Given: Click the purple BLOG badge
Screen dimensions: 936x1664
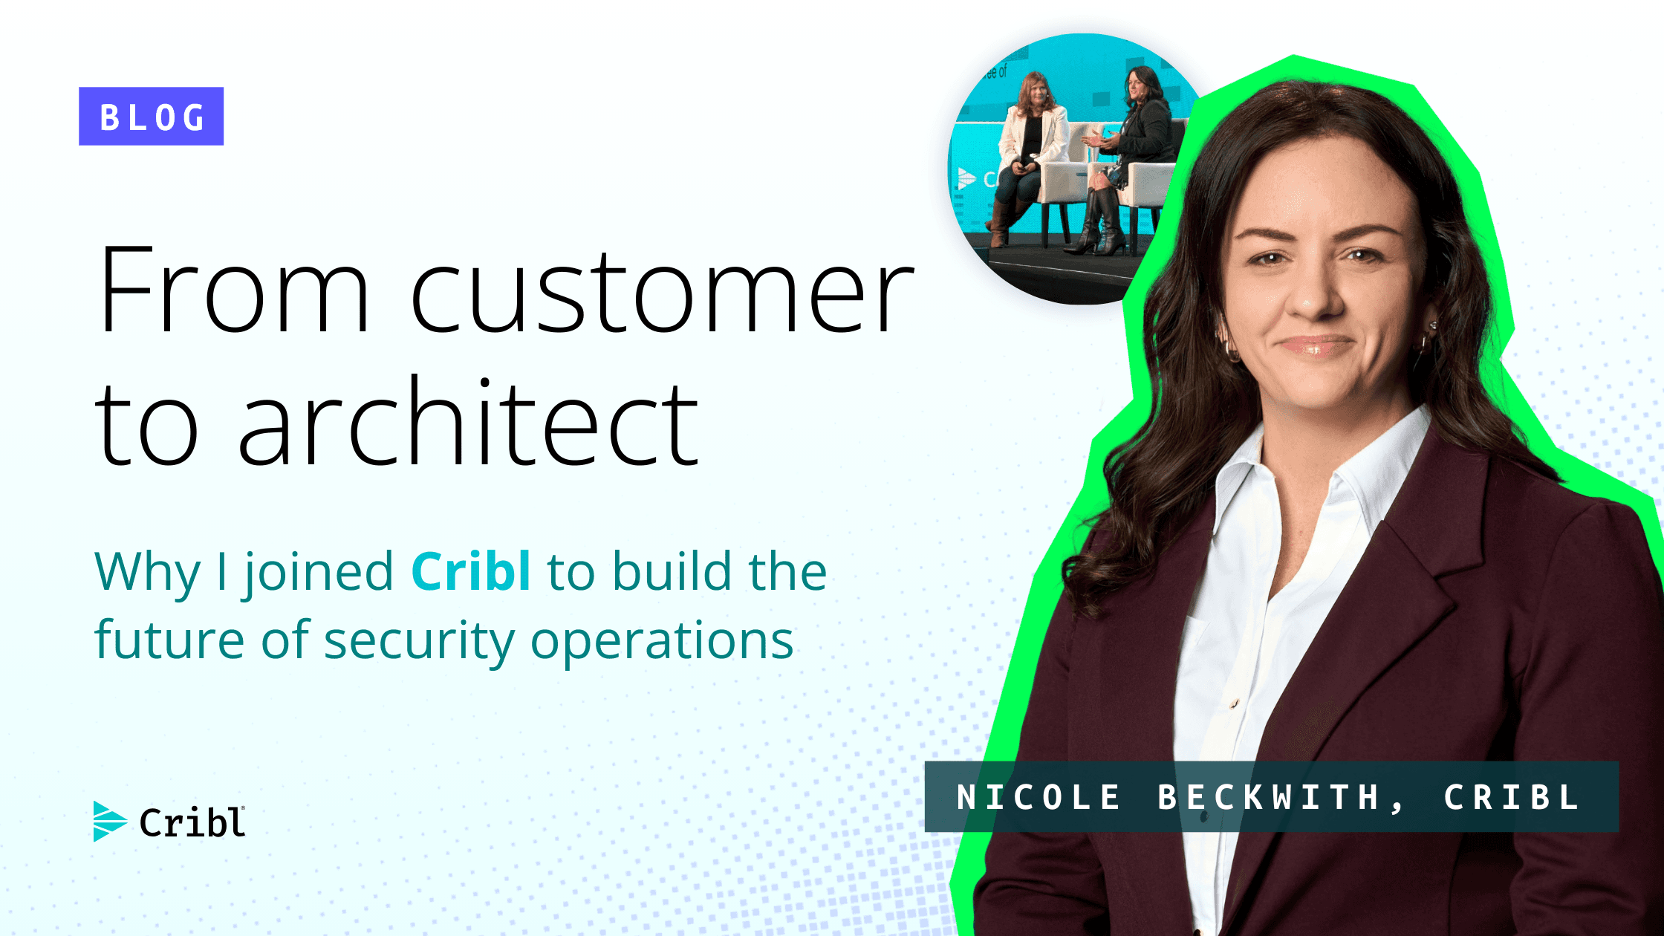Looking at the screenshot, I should click(151, 117).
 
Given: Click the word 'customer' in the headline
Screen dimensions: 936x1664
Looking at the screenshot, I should click(661, 291).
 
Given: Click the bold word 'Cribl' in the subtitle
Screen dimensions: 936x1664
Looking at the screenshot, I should click(471, 571).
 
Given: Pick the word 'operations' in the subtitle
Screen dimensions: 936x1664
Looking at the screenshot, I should click(662, 640).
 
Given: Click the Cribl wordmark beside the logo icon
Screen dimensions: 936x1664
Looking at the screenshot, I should click(192, 822).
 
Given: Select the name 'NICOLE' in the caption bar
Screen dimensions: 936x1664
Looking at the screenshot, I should click(1039, 798).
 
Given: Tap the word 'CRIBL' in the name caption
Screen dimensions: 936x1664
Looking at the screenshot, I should click(1511, 798).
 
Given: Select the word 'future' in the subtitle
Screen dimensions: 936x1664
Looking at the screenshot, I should click(169, 640).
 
